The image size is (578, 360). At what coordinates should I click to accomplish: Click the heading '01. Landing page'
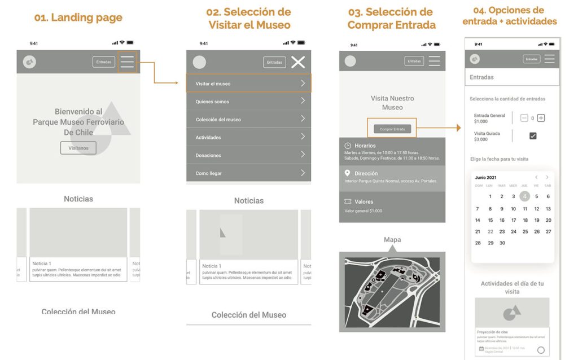click(78, 17)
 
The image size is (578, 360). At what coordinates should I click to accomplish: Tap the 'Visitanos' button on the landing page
click(78, 148)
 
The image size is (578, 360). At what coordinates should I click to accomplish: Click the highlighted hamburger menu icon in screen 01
click(127, 62)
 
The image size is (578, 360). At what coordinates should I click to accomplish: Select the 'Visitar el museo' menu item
click(248, 84)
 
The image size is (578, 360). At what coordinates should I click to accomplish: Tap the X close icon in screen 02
click(298, 62)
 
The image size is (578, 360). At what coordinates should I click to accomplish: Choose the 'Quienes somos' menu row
click(248, 102)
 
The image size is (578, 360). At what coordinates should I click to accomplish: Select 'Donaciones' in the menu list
click(248, 155)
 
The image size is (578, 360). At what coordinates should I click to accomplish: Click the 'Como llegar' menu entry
click(248, 173)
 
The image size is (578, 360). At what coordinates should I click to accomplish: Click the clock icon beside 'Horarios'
click(348, 146)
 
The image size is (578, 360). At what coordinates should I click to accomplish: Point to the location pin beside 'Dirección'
click(348, 173)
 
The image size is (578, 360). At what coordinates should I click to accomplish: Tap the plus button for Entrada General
click(541, 118)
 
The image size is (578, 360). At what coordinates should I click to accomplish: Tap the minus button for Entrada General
click(524, 118)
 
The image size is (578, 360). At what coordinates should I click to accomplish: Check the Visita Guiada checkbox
click(533, 136)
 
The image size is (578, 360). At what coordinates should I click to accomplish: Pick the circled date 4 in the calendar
click(525, 196)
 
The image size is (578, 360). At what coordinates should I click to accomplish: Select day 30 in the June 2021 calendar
click(502, 243)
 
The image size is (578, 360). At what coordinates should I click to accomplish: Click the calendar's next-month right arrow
click(547, 177)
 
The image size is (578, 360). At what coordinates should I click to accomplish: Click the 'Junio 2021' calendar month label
click(486, 178)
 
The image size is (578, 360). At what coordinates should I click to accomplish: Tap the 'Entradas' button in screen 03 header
click(414, 62)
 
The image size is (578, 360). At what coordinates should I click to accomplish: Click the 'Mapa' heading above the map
click(392, 240)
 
